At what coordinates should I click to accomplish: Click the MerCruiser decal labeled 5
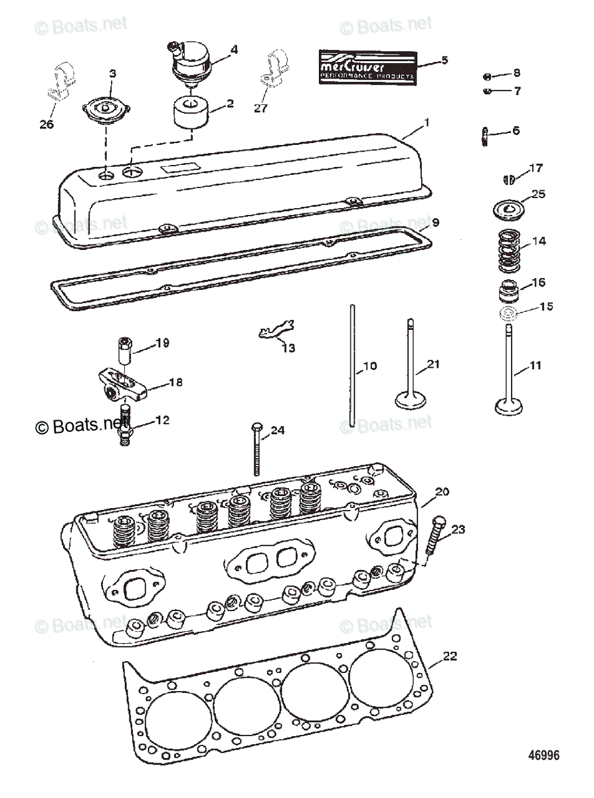(367, 66)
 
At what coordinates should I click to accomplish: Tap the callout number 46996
(544, 755)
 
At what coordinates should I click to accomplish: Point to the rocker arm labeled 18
(130, 382)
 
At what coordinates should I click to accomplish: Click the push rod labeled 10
(351, 366)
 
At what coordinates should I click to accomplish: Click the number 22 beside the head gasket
(450, 656)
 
